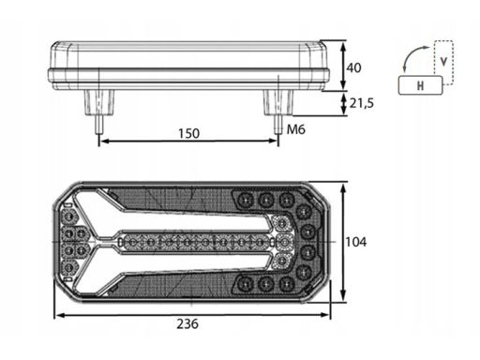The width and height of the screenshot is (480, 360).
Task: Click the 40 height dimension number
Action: [353, 67]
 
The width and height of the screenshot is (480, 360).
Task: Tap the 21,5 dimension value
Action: [362, 103]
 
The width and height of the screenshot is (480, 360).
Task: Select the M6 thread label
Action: [296, 129]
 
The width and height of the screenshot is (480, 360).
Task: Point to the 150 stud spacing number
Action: [188, 133]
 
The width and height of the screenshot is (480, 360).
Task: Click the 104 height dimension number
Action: [356, 242]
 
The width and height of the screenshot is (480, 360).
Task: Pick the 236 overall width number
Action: [187, 323]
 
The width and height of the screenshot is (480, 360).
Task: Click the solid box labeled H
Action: [421, 85]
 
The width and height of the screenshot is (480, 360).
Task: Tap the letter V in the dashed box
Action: [443, 62]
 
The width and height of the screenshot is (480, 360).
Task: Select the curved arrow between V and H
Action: [410, 56]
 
